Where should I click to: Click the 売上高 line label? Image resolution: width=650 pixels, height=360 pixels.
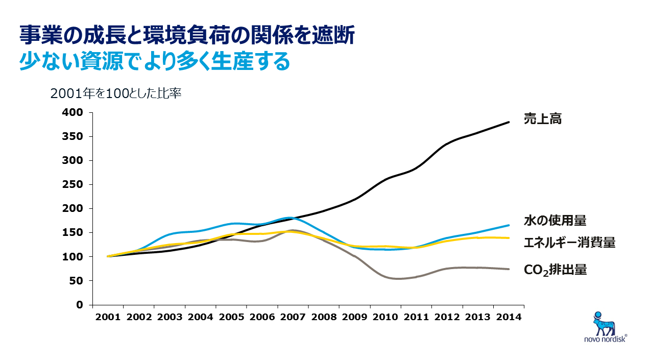pos(542,119)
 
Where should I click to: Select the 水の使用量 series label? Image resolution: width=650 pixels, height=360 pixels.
pos(555,221)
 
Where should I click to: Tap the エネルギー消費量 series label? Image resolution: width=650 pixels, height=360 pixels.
pos(569,243)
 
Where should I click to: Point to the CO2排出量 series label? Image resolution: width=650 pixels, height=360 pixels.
pos(555,270)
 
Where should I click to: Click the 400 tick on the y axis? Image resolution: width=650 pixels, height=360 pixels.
pos(73,112)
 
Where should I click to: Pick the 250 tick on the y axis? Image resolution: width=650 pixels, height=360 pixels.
pos(73,184)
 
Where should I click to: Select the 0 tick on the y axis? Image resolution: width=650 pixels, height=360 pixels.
pos(79,305)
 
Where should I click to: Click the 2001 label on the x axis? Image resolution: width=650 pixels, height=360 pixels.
pos(108,317)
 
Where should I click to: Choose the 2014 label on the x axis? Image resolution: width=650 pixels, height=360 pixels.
pos(508,317)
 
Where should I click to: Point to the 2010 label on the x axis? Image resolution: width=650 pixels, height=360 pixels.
pos(385,317)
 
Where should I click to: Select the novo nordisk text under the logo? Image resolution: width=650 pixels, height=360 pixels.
pos(604,339)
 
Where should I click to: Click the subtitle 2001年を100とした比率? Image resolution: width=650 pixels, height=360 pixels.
pos(116,94)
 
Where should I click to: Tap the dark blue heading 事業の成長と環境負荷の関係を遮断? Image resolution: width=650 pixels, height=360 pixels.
pos(187,36)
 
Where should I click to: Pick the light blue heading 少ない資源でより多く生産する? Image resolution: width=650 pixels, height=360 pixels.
pos(155,61)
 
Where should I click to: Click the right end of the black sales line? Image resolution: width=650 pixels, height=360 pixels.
pos(509,122)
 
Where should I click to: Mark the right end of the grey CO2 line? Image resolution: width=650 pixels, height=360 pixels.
pos(509,269)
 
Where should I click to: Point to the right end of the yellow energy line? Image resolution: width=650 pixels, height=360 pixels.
pos(509,238)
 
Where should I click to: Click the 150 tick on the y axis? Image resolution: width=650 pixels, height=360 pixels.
pos(73,232)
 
